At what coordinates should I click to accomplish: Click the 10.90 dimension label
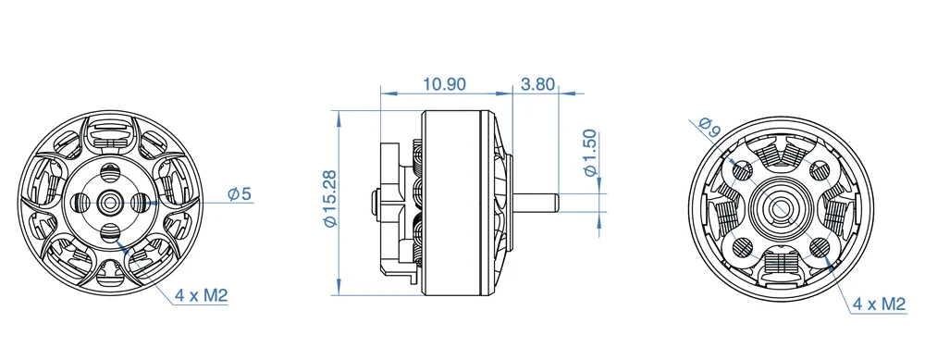tap(444, 84)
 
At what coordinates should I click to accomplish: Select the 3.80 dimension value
tap(537, 84)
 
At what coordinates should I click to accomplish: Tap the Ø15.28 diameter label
tap(330, 198)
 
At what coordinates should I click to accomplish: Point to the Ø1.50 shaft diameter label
tap(590, 153)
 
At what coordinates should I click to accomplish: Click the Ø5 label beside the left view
tap(240, 193)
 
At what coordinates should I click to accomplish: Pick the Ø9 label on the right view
tap(709, 127)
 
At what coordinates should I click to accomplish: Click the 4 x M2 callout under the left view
tap(201, 295)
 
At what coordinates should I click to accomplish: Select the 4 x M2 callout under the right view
tap(879, 304)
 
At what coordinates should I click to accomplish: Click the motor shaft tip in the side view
tap(556, 203)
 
